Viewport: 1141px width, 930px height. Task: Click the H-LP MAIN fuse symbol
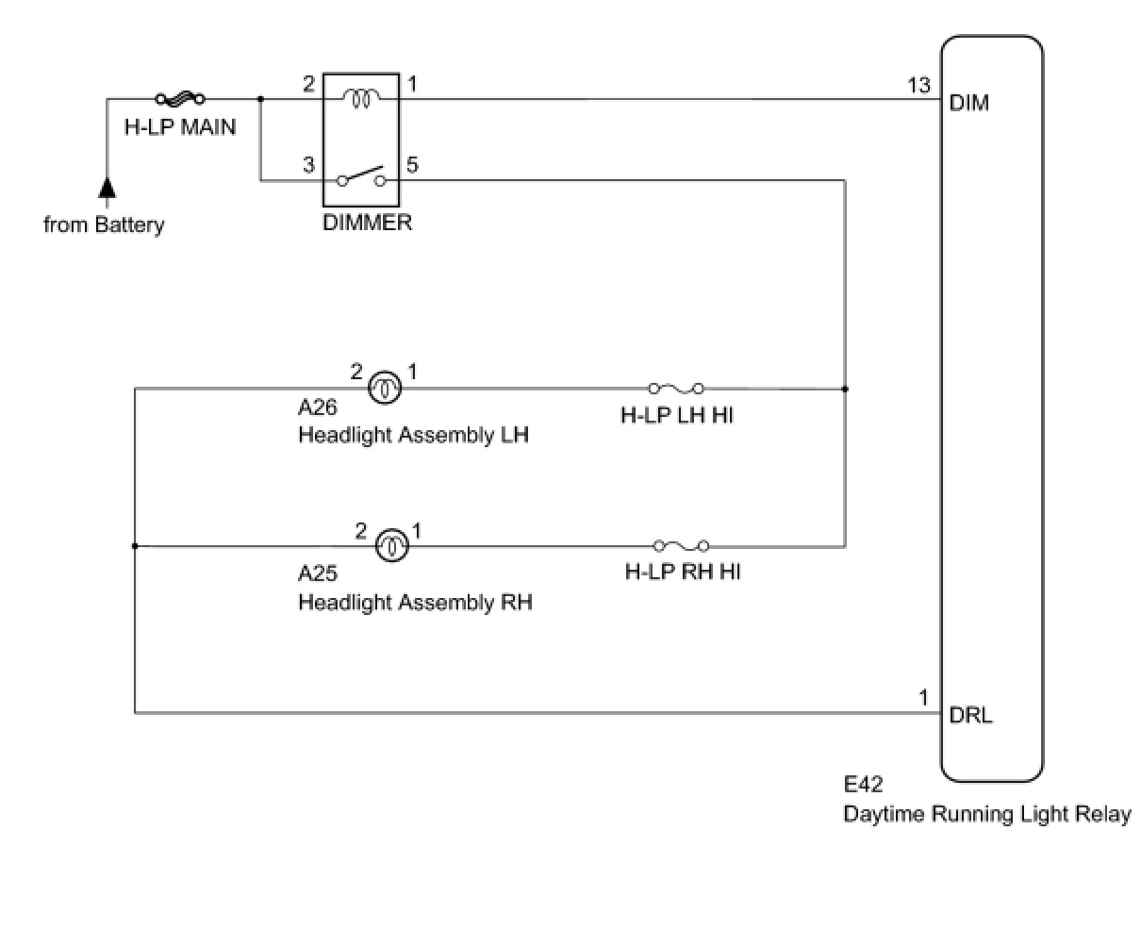pos(180,98)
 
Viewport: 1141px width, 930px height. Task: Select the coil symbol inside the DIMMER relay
pos(360,97)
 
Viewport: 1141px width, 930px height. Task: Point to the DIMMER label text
pos(367,224)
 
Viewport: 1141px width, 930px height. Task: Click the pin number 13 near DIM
pos(918,86)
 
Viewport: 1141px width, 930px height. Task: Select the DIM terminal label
pos(969,103)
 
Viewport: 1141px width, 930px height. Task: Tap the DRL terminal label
pos(970,715)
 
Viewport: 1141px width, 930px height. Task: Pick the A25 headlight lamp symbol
pos(390,545)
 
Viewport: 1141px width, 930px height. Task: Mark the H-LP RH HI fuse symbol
pos(681,545)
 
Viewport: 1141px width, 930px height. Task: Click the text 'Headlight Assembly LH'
pos(413,435)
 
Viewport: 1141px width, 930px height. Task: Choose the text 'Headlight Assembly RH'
pos(415,601)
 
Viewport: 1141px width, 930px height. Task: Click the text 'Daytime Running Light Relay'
pos(986,814)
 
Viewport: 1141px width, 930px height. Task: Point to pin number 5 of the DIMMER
pos(412,165)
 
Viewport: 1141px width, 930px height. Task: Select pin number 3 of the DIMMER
pos(308,165)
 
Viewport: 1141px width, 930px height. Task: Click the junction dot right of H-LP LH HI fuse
pos(845,389)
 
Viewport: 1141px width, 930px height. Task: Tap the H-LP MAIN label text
pos(180,125)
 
